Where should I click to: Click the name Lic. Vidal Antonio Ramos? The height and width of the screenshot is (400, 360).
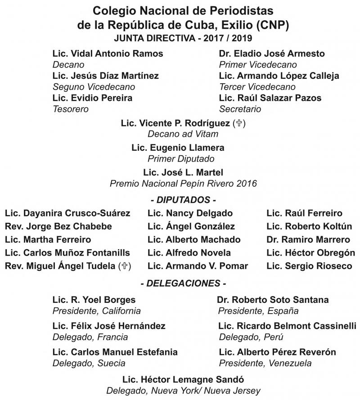(x=108, y=54)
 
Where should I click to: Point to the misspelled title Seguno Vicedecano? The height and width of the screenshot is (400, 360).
(x=94, y=87)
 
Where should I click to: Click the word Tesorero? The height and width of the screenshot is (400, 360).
(x=71, y=109)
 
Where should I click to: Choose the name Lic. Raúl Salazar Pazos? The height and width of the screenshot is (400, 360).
(x=270, y=98)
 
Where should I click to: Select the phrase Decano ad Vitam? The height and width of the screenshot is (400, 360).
(x=183, y=134)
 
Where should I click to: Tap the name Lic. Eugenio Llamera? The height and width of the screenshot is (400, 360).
(x=178, y=148)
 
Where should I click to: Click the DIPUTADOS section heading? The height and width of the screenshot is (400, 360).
(x=183, y=199)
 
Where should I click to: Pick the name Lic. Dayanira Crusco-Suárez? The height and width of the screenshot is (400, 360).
(x=67, y=213)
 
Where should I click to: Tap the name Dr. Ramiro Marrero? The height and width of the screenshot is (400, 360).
(x=308, y=239)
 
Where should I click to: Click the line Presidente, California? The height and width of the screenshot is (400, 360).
(x=97, y=311)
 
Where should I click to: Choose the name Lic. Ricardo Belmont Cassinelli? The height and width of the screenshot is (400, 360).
(x=287, y=326)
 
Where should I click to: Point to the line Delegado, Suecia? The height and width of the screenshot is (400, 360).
(x=89, y=363)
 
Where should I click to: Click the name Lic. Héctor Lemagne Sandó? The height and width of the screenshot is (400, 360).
(x=183, y=379)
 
